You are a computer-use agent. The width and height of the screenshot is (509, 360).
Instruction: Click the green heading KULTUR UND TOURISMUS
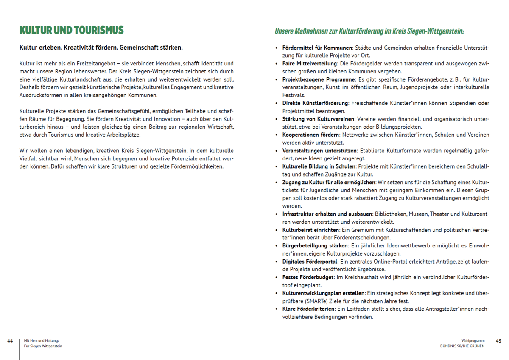click(71, 30)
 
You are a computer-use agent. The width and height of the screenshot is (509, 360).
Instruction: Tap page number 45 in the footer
click(498, 340)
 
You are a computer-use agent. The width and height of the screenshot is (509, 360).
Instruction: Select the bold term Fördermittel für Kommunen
click(317, 47)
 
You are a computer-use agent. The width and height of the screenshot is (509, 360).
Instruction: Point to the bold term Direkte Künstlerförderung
click(315, 103)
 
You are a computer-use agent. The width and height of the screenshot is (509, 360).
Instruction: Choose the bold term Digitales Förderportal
click(310, 262)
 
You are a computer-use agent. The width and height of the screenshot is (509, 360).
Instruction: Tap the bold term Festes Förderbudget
click(308, 277)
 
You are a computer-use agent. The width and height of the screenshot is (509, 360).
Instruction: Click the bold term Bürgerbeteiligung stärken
click(315, 246)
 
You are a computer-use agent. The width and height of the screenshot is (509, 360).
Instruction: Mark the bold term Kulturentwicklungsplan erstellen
click(323, 293)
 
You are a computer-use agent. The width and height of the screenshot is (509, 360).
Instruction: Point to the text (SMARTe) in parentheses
click(297, 301)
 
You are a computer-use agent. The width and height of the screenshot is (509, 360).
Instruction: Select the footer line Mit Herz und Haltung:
click(41, 340)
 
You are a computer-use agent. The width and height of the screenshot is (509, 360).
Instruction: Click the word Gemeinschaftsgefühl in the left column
click(100, 111)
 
